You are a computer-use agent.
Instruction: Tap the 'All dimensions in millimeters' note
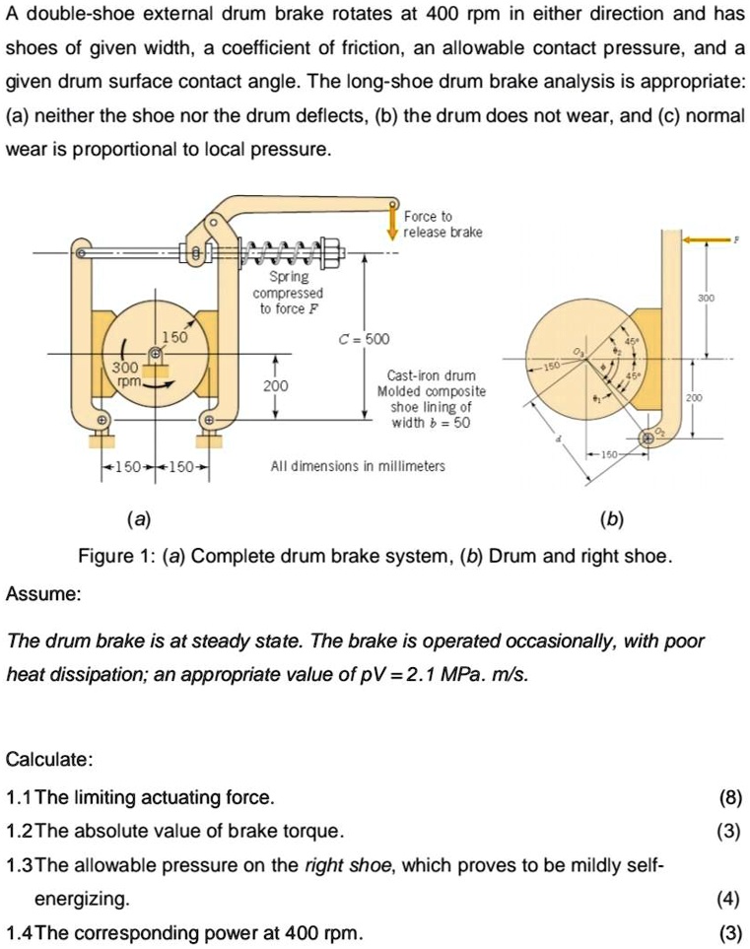pos(358,466)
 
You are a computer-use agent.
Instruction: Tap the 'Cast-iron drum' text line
pos(431,375)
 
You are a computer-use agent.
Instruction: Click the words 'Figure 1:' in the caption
pos(110,556)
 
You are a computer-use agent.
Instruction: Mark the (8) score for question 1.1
pos(729,796)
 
